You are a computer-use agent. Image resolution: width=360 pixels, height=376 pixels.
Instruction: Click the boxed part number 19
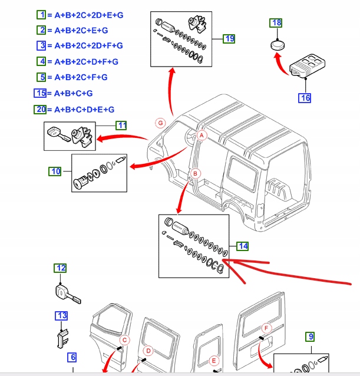tap(229, 39)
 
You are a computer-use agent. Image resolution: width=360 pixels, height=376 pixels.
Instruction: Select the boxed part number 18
tap(276, 23)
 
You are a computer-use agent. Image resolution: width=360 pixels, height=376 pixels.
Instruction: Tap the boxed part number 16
tap(305, 98)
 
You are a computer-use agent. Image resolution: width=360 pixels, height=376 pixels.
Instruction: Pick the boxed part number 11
tap(121, 125)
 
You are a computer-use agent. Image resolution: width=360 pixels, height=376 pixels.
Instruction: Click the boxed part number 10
tap(55, 171)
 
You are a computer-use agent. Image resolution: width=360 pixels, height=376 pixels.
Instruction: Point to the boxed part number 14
tap(243, 246)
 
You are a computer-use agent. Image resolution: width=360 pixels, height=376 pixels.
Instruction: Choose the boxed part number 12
tap(61, 268)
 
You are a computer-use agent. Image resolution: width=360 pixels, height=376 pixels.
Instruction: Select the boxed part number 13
tap(62, 316)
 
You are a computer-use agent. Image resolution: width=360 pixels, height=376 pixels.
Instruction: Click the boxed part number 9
tap(310, 337)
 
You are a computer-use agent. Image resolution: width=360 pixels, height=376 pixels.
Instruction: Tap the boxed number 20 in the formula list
tap(40, 109)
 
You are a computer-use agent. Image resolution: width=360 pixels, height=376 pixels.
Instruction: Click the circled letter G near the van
tap(160, 123)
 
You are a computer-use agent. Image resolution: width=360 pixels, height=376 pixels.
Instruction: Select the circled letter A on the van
tap(202, 136)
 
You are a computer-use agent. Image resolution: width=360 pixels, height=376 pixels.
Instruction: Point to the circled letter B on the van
tap(195, 173)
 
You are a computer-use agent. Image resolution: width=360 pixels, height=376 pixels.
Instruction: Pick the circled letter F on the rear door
tap(266, 328)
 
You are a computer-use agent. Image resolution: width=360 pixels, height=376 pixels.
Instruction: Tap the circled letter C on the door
tap(124, 340)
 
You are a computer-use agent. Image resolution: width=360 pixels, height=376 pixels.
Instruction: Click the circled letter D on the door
tap(148, 351)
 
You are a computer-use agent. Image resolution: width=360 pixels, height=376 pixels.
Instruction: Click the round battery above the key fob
tap(278, 45)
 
